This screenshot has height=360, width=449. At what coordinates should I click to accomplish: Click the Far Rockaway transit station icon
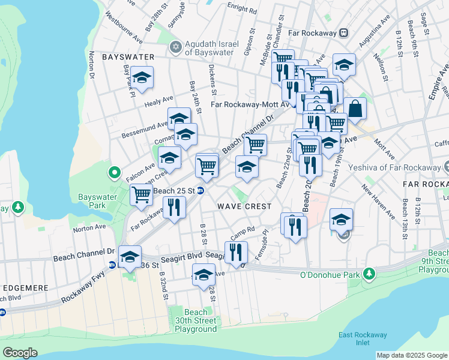[x=343, y=33]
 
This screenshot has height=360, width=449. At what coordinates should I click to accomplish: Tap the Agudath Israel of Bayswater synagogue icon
[x=176, y=46]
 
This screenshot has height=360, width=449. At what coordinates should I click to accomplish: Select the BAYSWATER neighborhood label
[x=128, y=57]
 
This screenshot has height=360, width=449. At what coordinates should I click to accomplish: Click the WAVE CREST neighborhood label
[x=245, y=206]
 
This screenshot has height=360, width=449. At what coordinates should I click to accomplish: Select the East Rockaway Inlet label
[x=363, y=339]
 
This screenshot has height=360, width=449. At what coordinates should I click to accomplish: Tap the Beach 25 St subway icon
[x=201, y=191]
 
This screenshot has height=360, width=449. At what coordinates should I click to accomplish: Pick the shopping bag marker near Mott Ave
[x=355, y=109]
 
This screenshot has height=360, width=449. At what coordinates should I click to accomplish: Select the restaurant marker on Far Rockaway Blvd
[x=174, y=208]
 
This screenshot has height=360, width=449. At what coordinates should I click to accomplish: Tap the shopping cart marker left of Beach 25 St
[x=140, y=194]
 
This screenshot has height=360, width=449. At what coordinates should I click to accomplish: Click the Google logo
[x=20, y=353]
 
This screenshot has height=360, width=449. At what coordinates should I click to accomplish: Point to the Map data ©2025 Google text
[x=411, y=355]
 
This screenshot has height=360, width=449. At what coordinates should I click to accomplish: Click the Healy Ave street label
[x=158, y=101]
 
